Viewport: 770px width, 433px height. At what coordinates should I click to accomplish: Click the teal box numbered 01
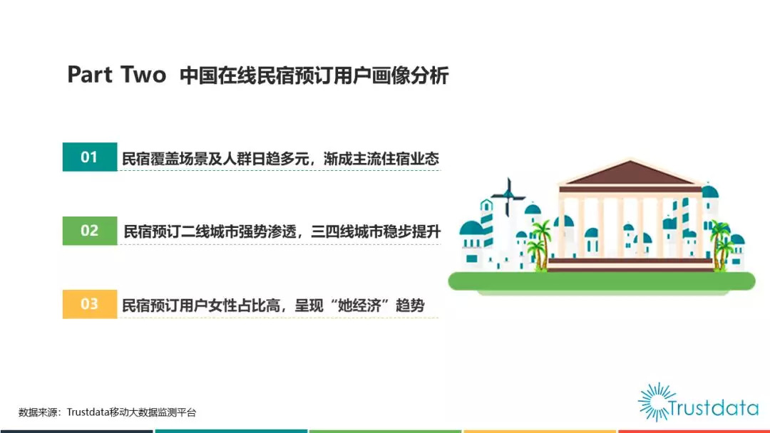[90, 157]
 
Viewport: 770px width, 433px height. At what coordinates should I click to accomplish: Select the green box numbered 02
[90, 231]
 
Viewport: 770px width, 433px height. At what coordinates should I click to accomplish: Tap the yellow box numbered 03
[90, 304]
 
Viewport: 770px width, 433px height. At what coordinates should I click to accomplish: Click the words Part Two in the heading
[117, 75]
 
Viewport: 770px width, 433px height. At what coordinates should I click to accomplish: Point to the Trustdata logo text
[714, 408]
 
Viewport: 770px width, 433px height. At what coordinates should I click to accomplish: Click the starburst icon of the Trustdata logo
[656, 402]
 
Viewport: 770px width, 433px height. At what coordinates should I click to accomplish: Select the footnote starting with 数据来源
[107, 412]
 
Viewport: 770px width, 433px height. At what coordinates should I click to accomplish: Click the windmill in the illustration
[508, 196]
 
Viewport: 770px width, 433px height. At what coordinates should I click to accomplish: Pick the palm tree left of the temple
[540, 244]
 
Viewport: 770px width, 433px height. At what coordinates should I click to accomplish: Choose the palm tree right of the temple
[721, 245]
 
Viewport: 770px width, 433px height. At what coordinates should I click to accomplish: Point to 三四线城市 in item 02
[346, 231]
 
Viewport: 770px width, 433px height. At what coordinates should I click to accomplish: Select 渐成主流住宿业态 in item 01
[381, 158]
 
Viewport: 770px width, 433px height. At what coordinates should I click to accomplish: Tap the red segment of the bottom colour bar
[694, 432]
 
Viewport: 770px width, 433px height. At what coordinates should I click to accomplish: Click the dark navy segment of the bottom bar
[76, 432]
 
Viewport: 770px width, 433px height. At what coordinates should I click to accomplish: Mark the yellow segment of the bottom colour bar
[540, 432]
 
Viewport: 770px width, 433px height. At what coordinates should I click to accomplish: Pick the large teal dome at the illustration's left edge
[471, 228]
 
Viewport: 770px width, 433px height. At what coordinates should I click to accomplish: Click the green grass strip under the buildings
[602, 281]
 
